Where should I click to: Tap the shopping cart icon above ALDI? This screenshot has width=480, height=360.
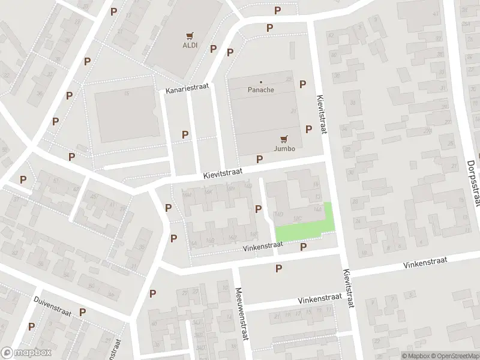coord(190,35)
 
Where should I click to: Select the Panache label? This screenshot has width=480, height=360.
coord(261,90)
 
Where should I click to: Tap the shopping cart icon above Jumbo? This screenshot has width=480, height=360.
coord(284,138)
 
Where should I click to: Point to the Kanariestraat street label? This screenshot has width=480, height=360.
coord(188,87)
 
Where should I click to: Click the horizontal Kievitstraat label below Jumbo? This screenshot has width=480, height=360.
coord(223,172)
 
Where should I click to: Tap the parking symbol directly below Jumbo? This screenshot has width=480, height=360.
coord(259,159)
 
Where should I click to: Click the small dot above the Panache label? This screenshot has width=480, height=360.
coord(261,82)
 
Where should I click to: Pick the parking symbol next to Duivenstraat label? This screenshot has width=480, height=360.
coord(82,312)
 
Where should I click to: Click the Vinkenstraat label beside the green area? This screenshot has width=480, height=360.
coord(263,247)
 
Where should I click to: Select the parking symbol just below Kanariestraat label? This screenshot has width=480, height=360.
coord(185,135)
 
